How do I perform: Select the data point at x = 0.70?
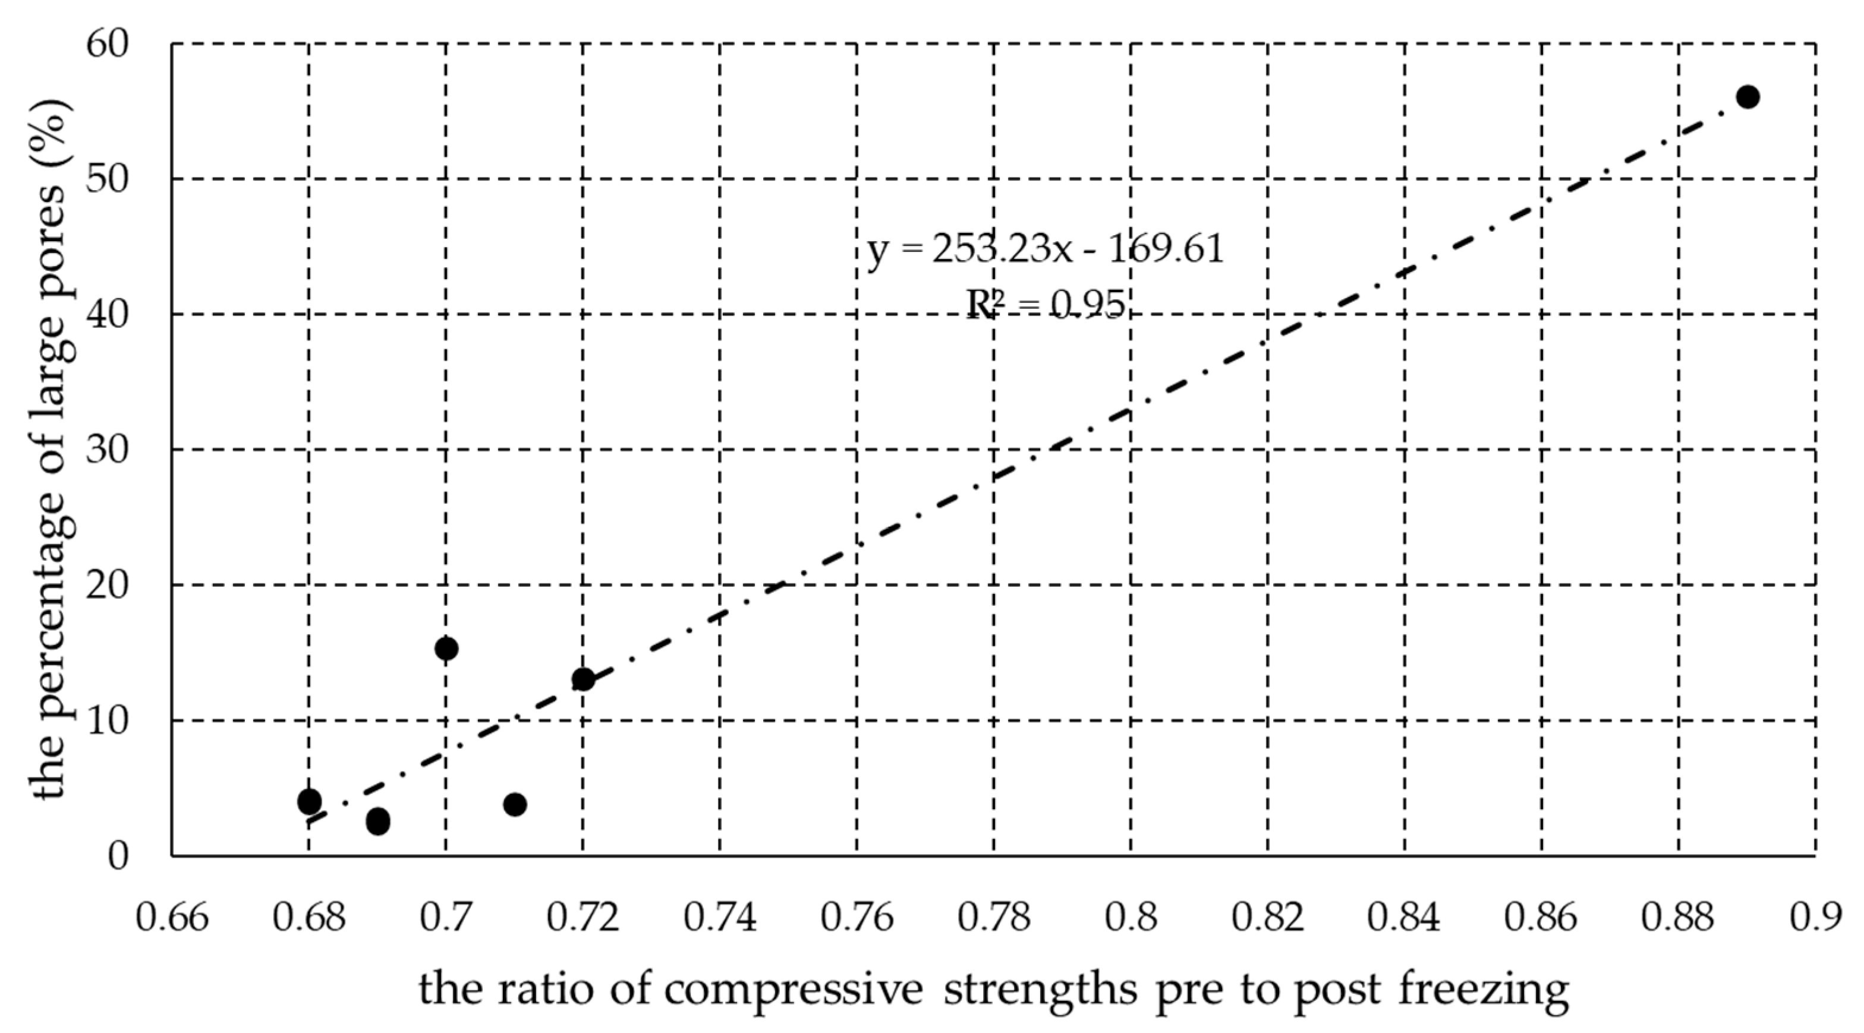(446, 649)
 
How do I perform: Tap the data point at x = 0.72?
(583, 680)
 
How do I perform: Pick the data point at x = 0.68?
(309, 801)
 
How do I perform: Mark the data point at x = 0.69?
(377, 821)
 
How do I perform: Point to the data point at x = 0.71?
(515, 804)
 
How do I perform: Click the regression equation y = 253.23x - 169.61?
(1046, 250)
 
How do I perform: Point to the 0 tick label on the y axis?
(117, 857)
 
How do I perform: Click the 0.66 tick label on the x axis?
(172, 917)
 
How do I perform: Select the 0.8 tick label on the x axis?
(1131, 917)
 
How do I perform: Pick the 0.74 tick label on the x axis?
(720, 917)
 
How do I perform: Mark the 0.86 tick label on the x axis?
(1541, 917)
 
